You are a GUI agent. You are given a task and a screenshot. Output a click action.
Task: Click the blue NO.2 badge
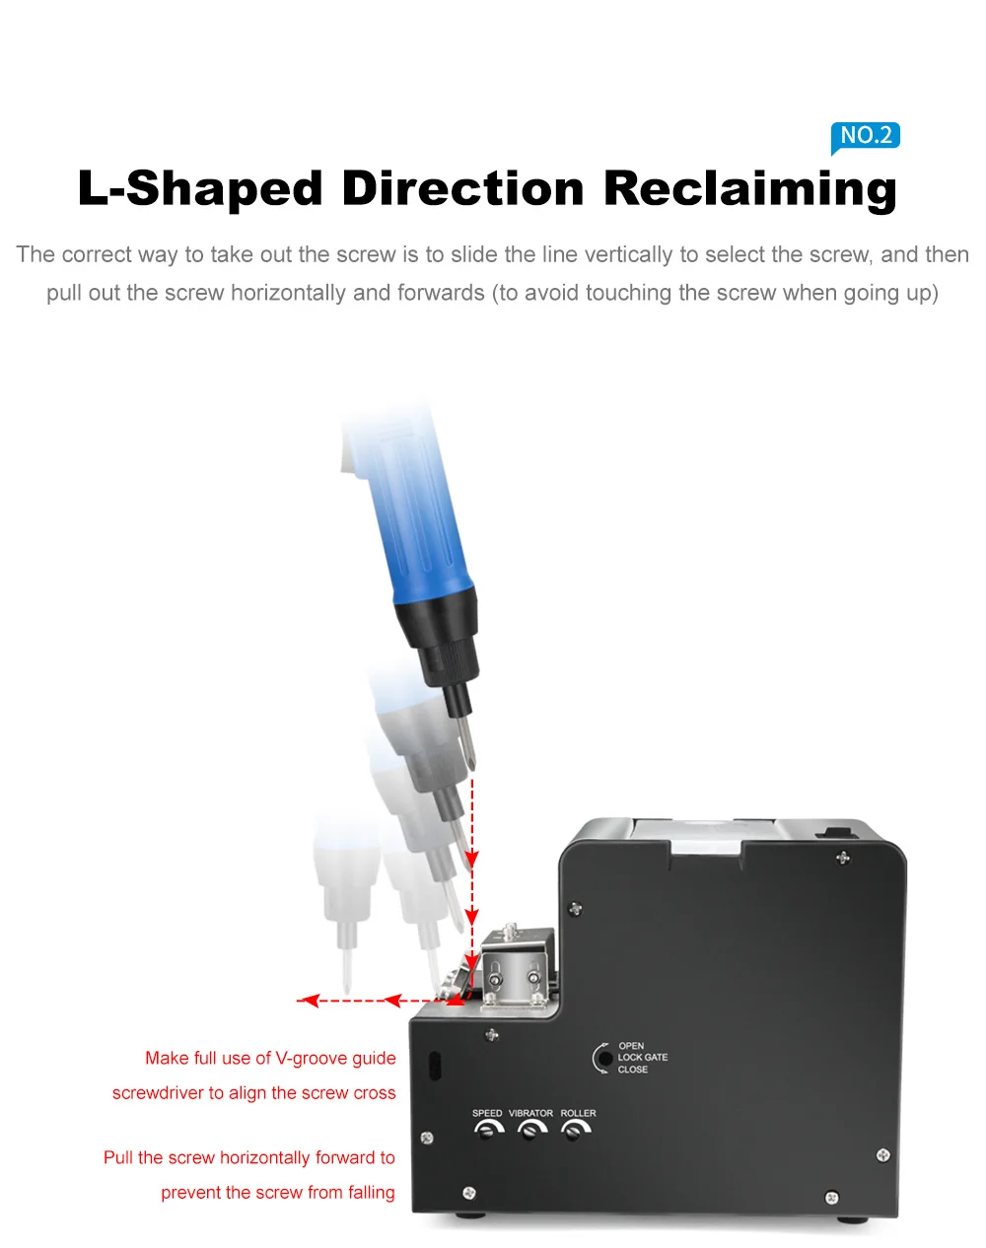[866, 135]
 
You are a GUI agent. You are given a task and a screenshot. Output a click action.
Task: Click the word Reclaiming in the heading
[749, 188]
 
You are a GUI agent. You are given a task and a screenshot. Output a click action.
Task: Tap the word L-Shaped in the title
[200, 188]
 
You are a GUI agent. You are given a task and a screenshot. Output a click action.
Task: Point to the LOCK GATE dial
[603, 1059]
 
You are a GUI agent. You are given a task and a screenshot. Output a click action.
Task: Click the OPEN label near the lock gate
[631, 1046]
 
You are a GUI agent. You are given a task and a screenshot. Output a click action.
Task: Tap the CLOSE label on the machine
[633, 1070]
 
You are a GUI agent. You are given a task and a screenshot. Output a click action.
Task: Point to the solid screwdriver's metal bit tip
[471, 749]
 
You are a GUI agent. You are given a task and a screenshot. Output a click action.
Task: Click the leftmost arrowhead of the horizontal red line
[309, 1001]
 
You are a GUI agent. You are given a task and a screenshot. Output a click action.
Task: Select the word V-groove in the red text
[313, 1059]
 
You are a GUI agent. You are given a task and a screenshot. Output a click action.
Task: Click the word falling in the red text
[371, 1193]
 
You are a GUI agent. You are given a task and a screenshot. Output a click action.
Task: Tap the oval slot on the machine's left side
[434, 1066]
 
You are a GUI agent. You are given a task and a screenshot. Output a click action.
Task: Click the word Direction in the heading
[463, 188]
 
